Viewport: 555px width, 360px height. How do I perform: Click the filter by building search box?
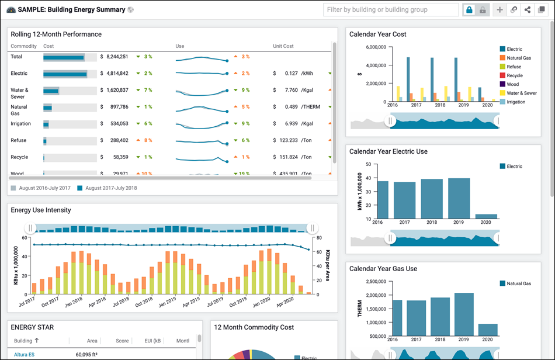click(390, 10)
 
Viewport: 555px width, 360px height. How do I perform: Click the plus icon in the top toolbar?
click(500, 10)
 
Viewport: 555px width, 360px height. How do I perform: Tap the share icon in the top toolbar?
click(528, 10)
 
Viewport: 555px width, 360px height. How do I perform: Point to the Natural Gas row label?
click(19, 110)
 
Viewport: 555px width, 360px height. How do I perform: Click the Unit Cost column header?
click(283, 46)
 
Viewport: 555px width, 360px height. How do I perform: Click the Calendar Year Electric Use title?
click(388, 151)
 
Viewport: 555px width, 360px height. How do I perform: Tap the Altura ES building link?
click(23, 354)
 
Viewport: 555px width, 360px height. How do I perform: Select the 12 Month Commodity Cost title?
click(254, 327)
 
